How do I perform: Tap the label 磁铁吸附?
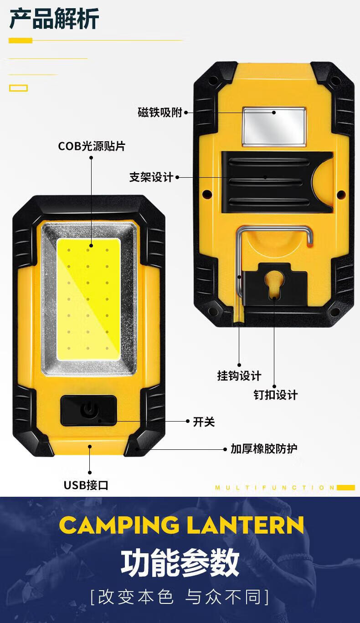coord(160,112)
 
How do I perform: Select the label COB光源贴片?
coord(92,146)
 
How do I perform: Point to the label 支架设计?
coord(151,177)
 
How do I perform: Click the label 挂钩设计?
coord(239,376)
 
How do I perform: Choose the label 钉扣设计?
coord(276,395)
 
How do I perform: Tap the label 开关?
coord(204,422)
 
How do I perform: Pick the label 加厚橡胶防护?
coord(264,449)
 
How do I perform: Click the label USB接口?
coord(86,485)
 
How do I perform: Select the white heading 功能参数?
coord(180,562)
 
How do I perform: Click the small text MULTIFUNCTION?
coord(275,488)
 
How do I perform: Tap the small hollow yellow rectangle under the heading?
coord(18,88)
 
